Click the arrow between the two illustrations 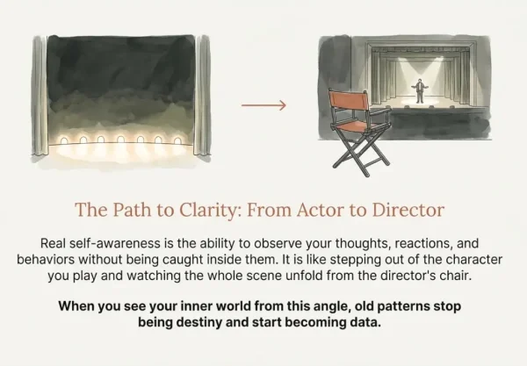click(263, 105)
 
